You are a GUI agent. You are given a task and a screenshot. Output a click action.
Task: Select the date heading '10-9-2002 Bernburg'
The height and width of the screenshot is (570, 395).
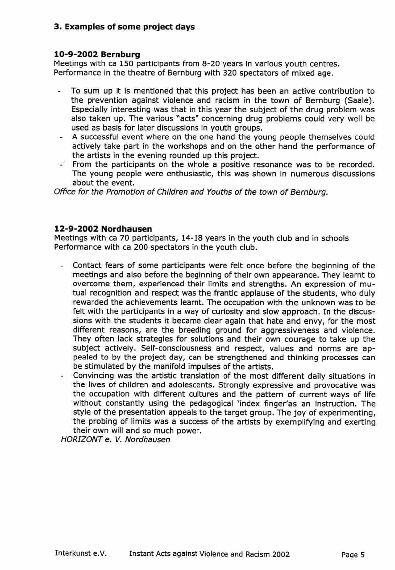click(97, 54)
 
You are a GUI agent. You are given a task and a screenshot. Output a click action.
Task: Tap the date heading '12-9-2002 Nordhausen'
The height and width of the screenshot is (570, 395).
click(103, 229)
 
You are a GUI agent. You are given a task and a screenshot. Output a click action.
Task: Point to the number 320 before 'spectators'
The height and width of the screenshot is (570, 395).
click(230, 73)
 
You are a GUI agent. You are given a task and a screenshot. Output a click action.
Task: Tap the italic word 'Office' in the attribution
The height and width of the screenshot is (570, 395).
click(65, 192)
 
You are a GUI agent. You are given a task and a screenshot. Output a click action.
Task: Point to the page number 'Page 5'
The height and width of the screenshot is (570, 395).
click(353, 555)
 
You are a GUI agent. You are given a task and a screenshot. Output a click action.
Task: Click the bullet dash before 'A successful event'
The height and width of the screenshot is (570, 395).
click(61, 138)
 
